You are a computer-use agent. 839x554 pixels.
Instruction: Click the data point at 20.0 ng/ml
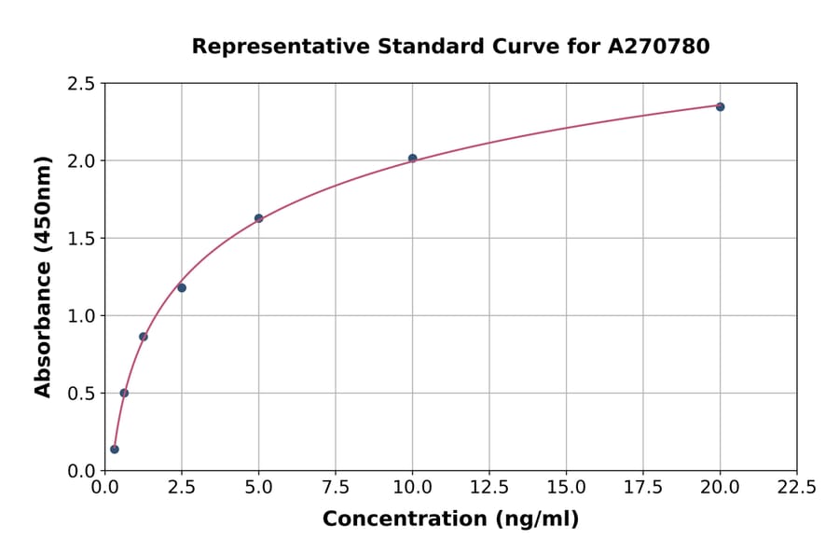[720, 106]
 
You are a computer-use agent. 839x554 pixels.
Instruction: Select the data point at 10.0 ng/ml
[413, 159]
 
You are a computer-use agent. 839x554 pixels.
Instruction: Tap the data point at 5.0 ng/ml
[259, 218]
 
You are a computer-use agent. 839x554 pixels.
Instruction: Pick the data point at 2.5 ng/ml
[182, 287]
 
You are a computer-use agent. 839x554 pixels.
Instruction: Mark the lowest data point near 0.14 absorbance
[115, 449]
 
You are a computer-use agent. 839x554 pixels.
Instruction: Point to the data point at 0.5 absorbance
[124, 393]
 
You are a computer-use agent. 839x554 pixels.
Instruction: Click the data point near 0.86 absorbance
[144, 337]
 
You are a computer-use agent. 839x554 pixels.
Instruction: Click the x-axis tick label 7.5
[336, 487]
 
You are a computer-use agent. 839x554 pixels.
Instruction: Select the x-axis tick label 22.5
[796, 487]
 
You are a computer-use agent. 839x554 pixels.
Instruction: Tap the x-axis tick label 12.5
[489, 487]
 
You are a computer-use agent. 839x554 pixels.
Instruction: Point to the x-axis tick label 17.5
[643, 487]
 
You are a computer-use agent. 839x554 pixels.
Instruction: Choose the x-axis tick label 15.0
[566, 487]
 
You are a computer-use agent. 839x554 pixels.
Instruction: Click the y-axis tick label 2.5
[82, 84]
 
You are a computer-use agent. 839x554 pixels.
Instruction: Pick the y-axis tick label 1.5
[82, 239]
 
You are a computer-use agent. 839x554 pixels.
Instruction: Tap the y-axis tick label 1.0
[82, 316]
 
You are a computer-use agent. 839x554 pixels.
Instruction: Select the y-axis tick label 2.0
[82, 161]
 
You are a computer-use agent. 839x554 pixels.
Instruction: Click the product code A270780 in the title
[659, 46]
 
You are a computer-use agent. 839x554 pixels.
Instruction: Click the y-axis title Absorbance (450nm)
[43, 276]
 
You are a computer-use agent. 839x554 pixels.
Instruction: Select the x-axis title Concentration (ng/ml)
[450, 519]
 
